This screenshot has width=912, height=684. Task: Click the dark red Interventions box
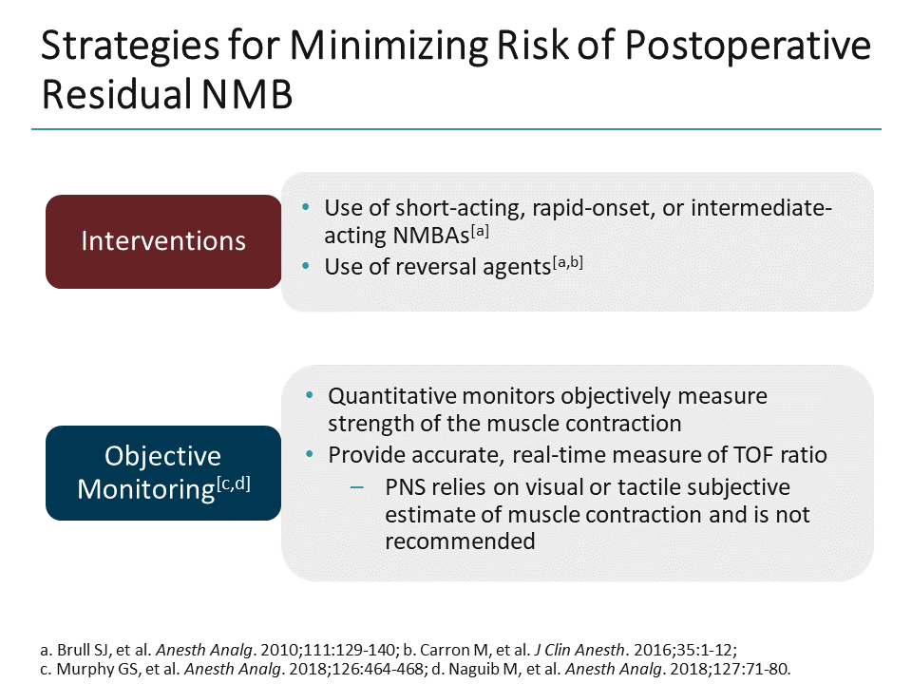[x=163, y=241]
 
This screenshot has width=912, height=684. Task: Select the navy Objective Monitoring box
[x=163, y=472]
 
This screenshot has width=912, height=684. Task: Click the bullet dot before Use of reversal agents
[x=304, y=267]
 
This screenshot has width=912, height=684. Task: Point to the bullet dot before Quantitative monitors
[x=308, y=395]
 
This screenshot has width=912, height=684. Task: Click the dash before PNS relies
[x=356, y=488]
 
